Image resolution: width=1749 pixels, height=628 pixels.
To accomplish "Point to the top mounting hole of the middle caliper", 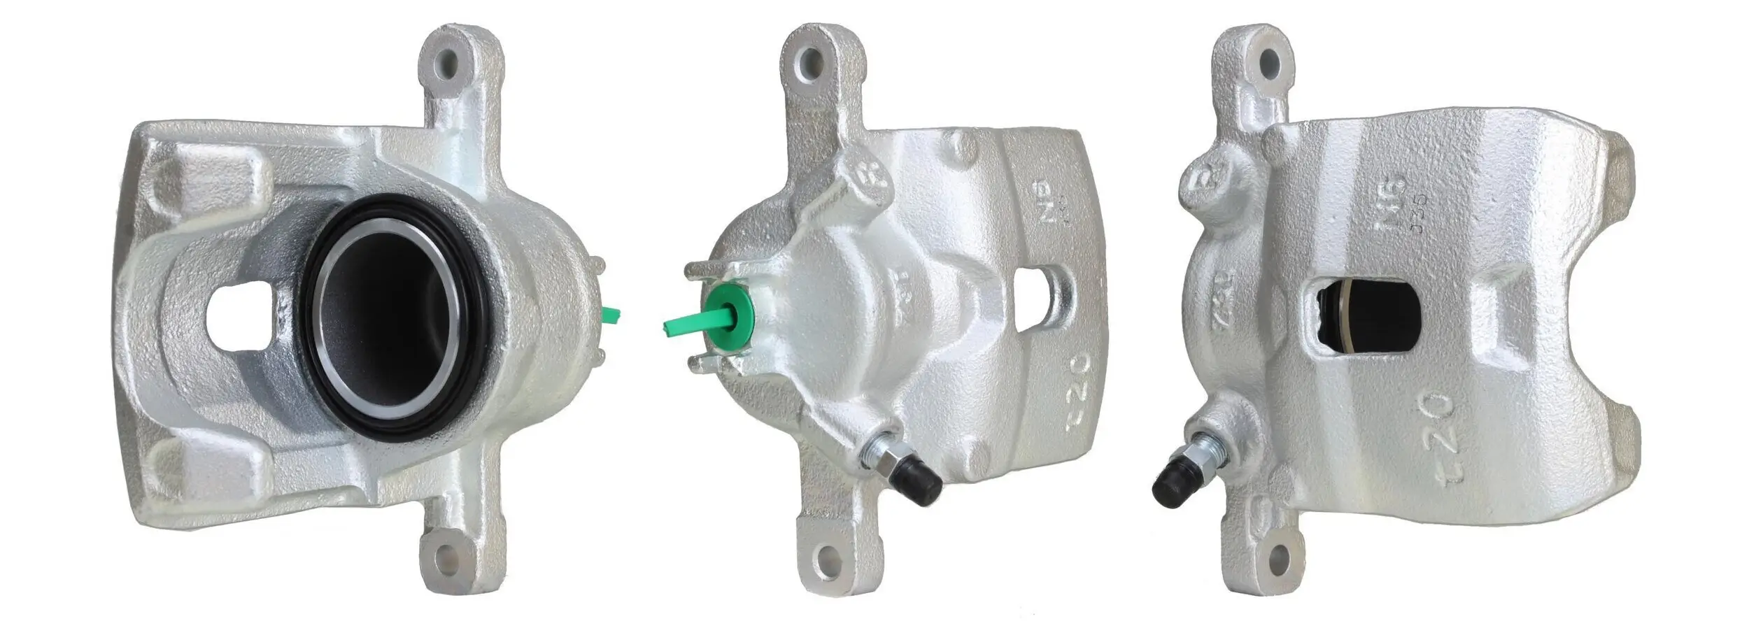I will pos(812,59).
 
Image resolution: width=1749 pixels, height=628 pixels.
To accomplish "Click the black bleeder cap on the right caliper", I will pos(1172,484).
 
